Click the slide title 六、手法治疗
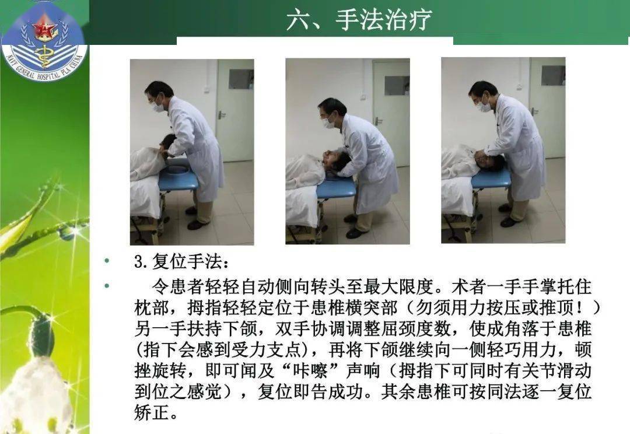pyautogui.click(x=358, y=20)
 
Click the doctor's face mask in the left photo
pyautogui.click(x=157, y=107)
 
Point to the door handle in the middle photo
pyautogui.click(x=378, y=121)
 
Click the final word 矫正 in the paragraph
pyautogui.click(x=153, y=413)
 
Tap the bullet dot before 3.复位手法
pyautogui.click(x=106, y=261)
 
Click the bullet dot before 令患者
pyautogui.click(x=106, y=286)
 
